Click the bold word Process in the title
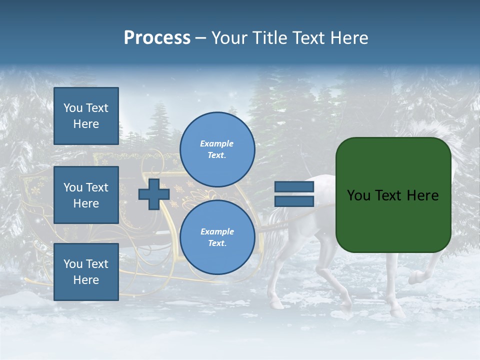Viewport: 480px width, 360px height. tap(157, 38)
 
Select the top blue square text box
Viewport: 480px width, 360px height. tap(86, 116)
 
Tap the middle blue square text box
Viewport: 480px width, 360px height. tap(86, 195)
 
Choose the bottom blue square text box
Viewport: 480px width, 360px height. tap(86, 271)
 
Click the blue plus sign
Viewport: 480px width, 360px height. tap(154, 194)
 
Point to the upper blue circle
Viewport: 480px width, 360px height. tap(217, 149)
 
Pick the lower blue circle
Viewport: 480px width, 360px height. tap(217, 237)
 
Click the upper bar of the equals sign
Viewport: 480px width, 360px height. tap(294, 187)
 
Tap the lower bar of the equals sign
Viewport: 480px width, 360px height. tap(294, 201)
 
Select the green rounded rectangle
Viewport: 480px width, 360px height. tap(393, 195)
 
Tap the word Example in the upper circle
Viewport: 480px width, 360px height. tap(216, 143)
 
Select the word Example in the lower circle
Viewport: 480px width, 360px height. tap(216, 231)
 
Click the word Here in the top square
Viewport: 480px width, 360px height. tap(86, 124)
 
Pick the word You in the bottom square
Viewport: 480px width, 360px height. tap(73, 264)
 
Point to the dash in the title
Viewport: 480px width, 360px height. tap(201, 38)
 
